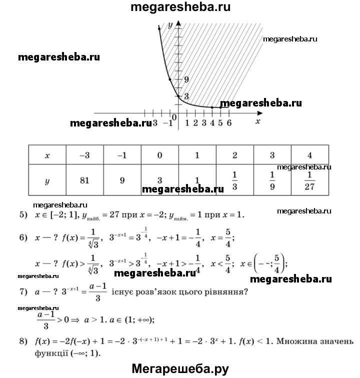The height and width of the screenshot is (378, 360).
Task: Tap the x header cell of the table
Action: pos(47,155)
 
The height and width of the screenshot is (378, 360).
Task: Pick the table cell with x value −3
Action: pos(84,155)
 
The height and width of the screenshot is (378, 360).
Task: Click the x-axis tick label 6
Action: pos(229,123)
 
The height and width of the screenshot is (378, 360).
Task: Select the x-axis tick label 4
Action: pos(212,123)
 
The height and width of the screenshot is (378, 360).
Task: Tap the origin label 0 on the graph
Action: pos(174,117)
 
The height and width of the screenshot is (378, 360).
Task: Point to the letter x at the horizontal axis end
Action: pos(257,121)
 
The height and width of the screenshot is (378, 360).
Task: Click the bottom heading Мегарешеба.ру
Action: pos(180,368)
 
